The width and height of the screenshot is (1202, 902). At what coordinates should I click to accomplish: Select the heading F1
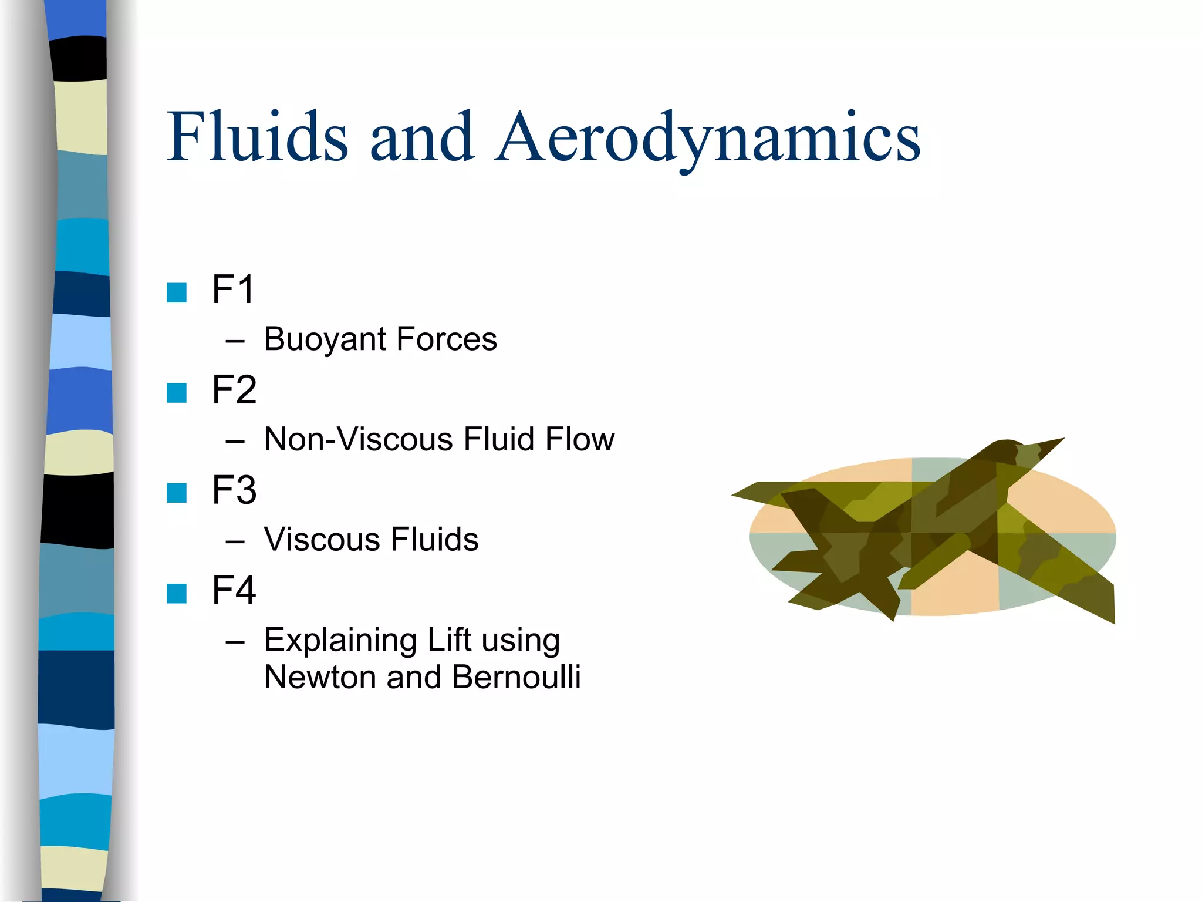click(x=233, y=290)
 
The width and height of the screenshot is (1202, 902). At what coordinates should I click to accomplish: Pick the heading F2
click(x=234, y=390)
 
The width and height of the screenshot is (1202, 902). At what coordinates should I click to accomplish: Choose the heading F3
click(x=234, y=490)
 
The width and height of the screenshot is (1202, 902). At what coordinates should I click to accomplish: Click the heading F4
click(x=234, y=590)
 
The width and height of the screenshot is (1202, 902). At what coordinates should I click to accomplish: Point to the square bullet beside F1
click(x=177, y=292)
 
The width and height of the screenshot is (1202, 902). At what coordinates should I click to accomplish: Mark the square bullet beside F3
click(x=177, y=493)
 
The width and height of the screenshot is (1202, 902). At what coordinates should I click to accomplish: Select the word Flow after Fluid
click(x=579, y=439)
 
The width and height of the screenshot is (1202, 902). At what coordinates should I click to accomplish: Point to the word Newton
click(x=320, y=677)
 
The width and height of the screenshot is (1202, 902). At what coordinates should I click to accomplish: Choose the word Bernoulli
click(x=516, y=677)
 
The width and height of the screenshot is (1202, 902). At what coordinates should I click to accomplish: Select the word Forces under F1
click(x=446, y=339)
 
